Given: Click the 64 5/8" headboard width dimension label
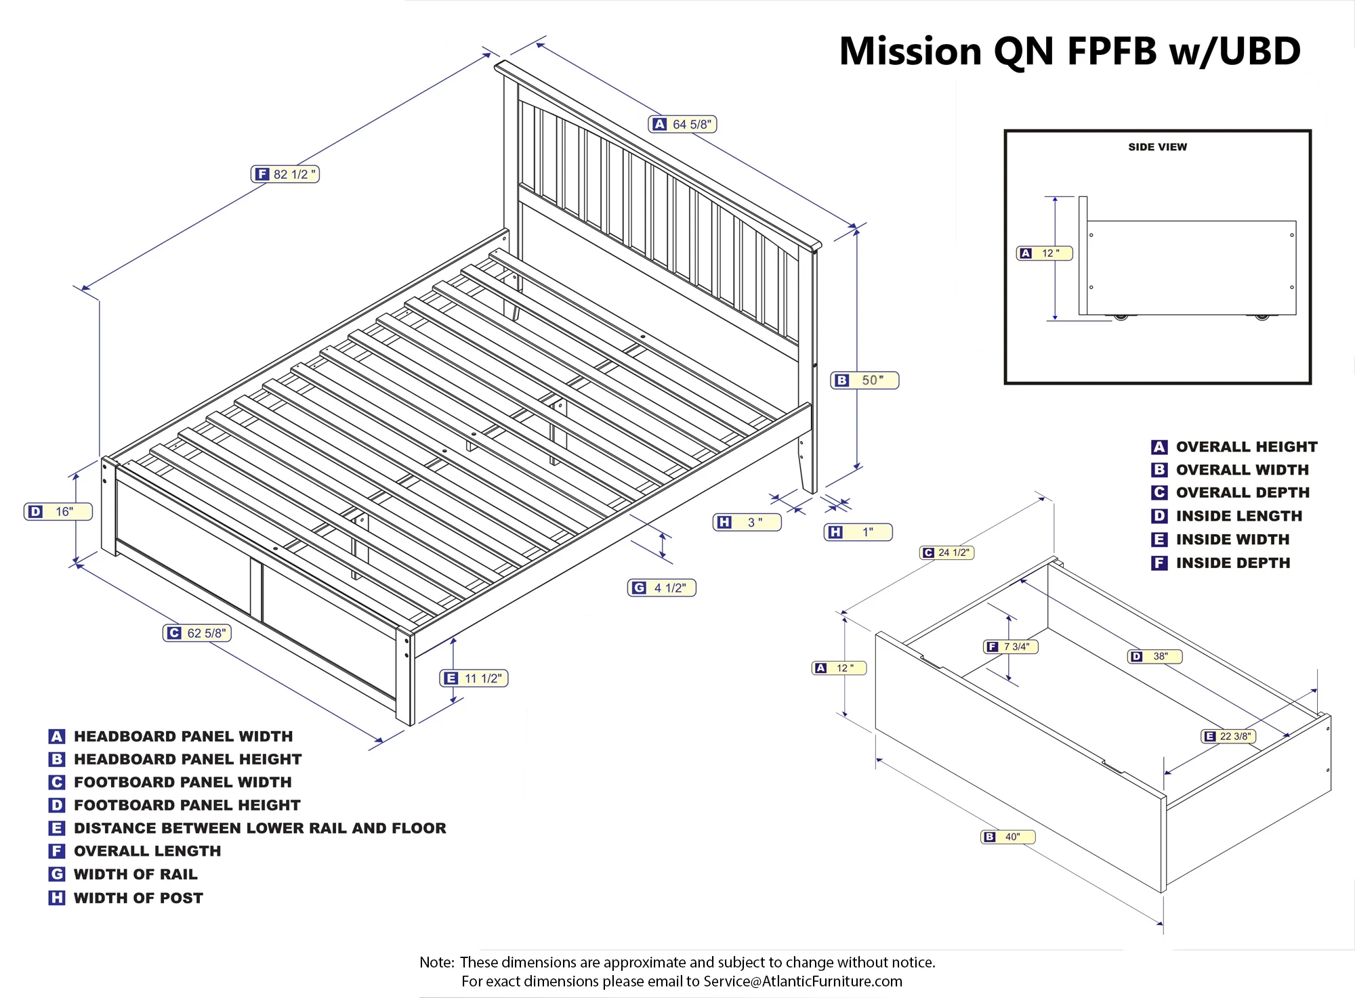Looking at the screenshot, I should pos(682,125).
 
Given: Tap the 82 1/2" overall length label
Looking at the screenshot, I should pos(285,175).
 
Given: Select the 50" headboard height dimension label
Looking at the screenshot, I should pos(864,381).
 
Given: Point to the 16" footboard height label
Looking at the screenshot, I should pos(58,512).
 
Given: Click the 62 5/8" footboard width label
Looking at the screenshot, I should pos(198,633).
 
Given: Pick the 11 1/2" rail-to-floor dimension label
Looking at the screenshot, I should pos(474,678).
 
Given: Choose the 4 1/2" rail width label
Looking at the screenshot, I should pos(662,588).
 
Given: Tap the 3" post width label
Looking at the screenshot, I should pos(747,522).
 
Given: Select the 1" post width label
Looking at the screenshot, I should pos(858,532).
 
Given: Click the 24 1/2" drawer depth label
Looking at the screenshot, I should pos(946,552).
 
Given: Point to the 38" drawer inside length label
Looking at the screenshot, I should pos(1154,656).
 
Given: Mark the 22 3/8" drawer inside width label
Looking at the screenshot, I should pos(1228,736).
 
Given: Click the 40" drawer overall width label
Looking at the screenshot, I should pos(1008,837).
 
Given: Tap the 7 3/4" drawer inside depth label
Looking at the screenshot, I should pos(1010,647).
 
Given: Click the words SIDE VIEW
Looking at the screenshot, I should pos(1157,147).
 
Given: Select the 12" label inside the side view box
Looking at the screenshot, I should pos(1044,253).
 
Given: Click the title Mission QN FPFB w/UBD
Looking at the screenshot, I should pos(1070,51).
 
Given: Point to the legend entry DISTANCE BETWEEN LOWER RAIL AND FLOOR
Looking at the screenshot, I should pos(259,828).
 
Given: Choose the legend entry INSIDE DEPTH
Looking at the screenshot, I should pos(1232,563).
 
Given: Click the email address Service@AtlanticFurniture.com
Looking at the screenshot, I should pos(803,981).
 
